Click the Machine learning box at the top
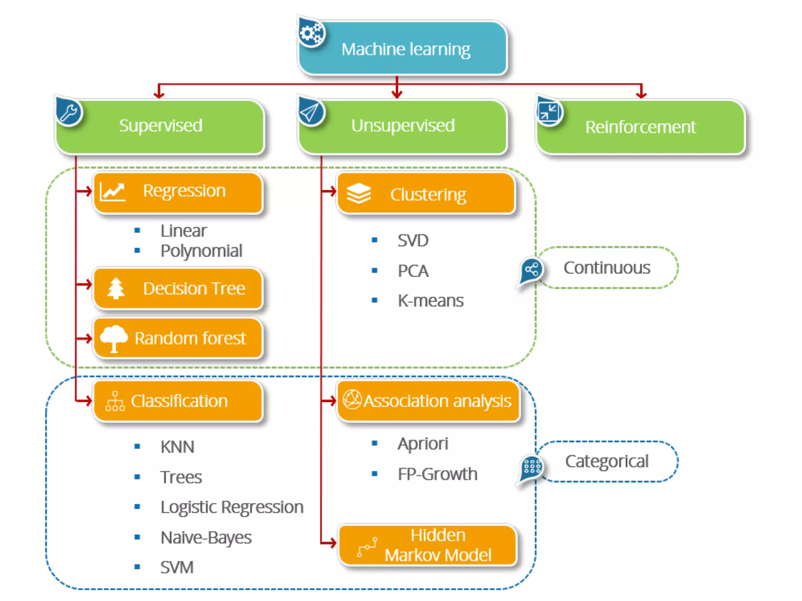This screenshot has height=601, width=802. coord(405,49)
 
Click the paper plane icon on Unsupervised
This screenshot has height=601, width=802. coord(311,113)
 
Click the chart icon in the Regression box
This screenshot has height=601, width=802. coord(112,192)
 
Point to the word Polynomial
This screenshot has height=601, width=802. coord(201,251)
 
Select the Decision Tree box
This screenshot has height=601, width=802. coord(178,289)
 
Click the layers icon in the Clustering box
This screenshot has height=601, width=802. coord(358,194)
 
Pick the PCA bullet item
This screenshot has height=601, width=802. coord(413,271)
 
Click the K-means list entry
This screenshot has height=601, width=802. coord(430,301)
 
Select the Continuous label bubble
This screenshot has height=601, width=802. coord(607,268)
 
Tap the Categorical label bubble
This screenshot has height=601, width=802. coord(607,461)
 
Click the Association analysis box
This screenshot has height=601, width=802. coord(429,401)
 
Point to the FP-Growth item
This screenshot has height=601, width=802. coord(437,474)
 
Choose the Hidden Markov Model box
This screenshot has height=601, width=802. coord(428,545)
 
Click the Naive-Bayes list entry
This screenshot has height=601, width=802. coord(206,538)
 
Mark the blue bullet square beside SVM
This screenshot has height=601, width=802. coord(137,567)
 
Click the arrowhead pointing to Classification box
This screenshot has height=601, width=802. coord(89,401)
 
